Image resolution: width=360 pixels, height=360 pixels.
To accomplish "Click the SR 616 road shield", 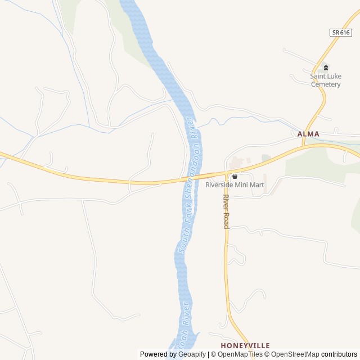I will coord(341,33).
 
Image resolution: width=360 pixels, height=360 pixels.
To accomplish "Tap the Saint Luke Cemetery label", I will coord(326,80).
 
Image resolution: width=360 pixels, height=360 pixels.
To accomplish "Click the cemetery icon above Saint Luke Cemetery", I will coord(326,67).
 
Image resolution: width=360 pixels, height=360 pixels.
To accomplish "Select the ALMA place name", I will coord(308,134).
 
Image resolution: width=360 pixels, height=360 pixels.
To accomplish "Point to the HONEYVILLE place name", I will coord(245,345).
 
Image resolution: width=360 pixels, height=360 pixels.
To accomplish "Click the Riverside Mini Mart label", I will coord(235,185).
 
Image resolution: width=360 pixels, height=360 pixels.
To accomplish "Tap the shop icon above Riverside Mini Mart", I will coord(235,176).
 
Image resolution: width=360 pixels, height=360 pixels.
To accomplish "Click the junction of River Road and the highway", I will coord(226,172).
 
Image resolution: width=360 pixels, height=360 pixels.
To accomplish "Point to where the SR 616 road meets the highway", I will coord(304,146).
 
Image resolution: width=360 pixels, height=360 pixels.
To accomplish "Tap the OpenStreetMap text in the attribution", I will coord(295,354).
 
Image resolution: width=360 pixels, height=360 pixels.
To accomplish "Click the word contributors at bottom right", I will coord(339,354).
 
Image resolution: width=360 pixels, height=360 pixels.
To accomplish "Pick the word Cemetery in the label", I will coord(326,84).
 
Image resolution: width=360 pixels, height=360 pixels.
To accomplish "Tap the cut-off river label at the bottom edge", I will coord(184,329).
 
